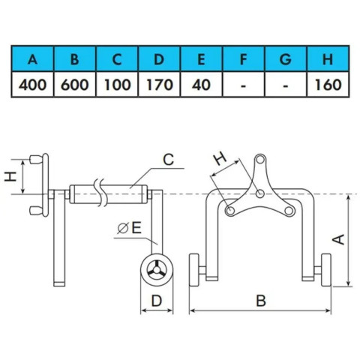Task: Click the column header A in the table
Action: point(32,59)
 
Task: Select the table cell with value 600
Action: point(74,85)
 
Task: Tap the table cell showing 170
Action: point(159,85)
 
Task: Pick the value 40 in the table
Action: point(201,85)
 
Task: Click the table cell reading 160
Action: point(328,85)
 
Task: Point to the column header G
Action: point(286,59)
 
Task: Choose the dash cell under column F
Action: point(243,85)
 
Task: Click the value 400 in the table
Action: point(32,85)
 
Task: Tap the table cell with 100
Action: point(117,85)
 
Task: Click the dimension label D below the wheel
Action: point(157,301)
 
